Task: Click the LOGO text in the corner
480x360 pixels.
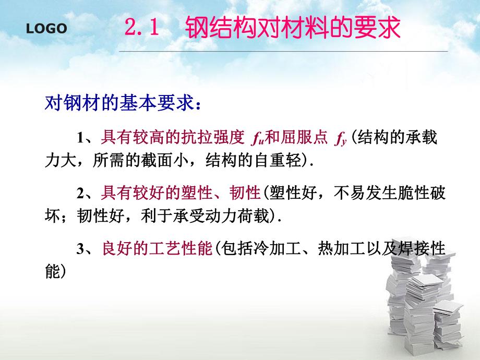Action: click(x=47, y=29)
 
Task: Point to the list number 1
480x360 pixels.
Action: click(x=80, y=138)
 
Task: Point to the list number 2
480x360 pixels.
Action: click(x=80, y=194)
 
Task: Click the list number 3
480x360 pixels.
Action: click(x=80, y=250)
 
